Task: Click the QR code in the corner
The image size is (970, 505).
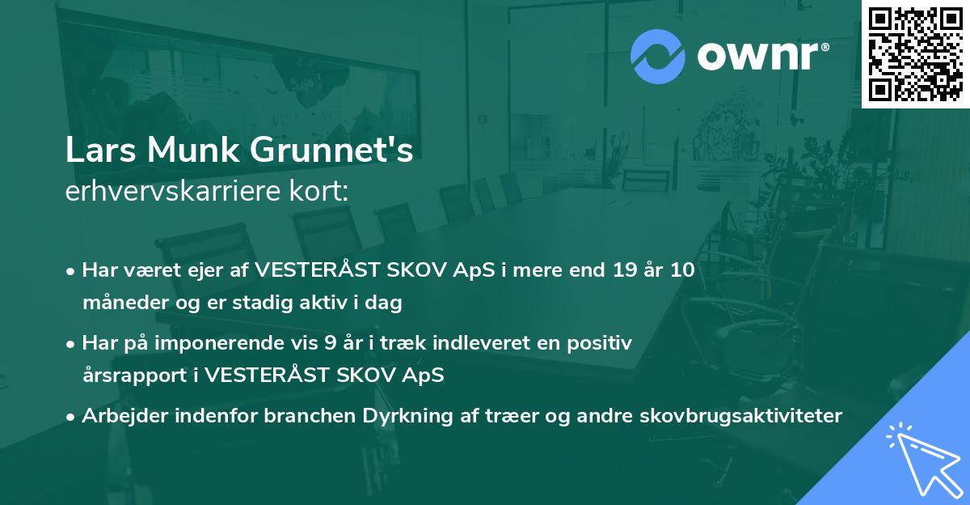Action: (915, 53)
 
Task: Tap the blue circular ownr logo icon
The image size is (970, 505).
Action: (657, 57)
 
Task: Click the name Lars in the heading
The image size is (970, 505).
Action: (100, 150)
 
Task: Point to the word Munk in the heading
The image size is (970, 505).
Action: (193, 150)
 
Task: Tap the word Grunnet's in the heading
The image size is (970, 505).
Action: (331, 150)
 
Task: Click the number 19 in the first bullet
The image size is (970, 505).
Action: (625, 269)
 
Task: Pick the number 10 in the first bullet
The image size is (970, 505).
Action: (682, 269)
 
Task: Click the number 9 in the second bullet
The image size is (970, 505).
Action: (330, 343)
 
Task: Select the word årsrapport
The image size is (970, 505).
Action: (135, 376)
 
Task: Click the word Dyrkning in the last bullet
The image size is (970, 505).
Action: (407, 416)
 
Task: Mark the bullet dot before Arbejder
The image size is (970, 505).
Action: (70, 418)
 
